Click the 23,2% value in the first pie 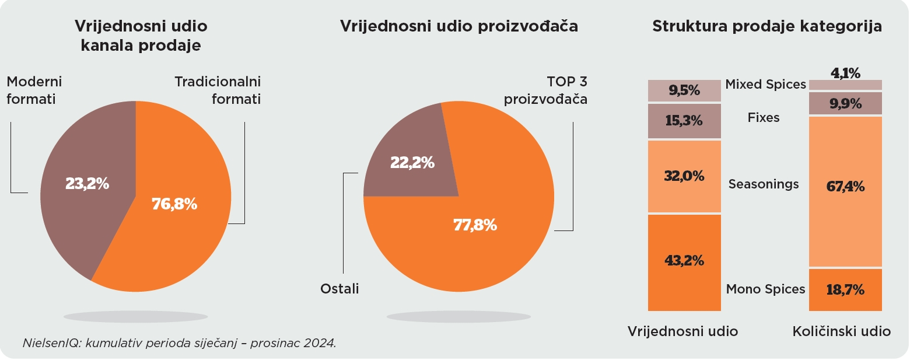pyautogui.click(x=87, y=184)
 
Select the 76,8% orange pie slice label pyautogui.click(x=174, y=204)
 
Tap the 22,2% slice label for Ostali pyautogui.click(x=412, y=163)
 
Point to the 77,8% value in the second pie pyautogui.click(x=475, y=225)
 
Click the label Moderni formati pyautogui.click(x=34, y=90)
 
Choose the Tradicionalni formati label pyautogui.click(x=218, y=90)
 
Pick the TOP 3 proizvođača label pyautogui.click(x=545, y=90)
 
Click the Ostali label pyautogui.click(x=339, y=288)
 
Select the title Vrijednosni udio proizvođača pyautogui.click(x=459, y=26)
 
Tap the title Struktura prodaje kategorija pyautogui.click(x=766, y=26)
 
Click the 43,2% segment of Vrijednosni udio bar pyautogui.click(x=684, y=261)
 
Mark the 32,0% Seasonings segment pyautogui.click(x=684, y=176)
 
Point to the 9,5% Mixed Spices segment pyautogui.click(x=684, y=90)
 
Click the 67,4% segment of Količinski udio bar pyautogui.click(x=845, y=187)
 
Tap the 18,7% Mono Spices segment pyautogui.click(x=845, y=289)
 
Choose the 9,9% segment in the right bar pyautogui.click(x=845, y=103)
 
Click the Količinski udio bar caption pyautogui.click(x=841, y=331)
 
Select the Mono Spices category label pyautogui.click(x=765, y=289)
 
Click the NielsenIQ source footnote pyautogui.click(x=179, y=342)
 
